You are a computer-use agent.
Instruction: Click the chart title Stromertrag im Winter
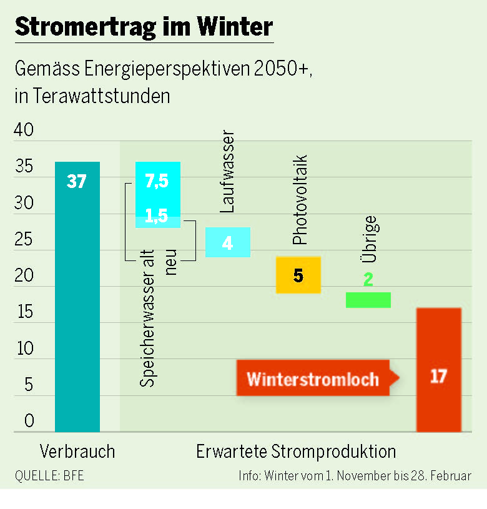click(144, 27)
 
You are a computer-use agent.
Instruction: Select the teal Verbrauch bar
click(77, 312)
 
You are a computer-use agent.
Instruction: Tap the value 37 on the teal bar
click(77, 182)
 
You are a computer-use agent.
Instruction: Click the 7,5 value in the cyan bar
click(157, 181)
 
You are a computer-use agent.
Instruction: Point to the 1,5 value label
click(157, 215)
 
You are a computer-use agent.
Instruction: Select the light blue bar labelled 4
click(228, 242)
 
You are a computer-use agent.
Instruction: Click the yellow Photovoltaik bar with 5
click(298, 275)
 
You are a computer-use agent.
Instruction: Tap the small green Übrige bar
click(368, 300)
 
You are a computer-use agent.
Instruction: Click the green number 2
click(368, 280)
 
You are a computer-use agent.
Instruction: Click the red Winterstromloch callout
click(313, 378)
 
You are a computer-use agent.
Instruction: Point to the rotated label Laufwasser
click(228, 172)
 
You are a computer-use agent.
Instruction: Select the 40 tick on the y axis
click(25, 131)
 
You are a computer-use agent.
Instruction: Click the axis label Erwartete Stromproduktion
click(296, 452)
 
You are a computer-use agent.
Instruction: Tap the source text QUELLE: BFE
click(49, 475)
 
